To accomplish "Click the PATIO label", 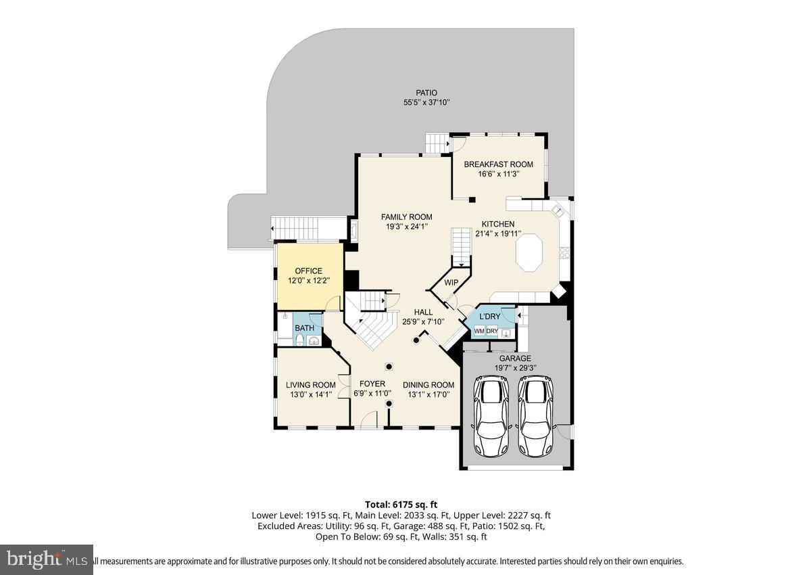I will pyautogui.click(x=426, y=93).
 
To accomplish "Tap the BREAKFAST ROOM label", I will pyautogui.click(x=498, y=164).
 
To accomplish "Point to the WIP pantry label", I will pyautogui.click(x=451, y=282).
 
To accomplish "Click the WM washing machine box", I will pyautogui.click(x=479, y=331).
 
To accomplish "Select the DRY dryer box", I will pyautogui.click(x=492, y=331).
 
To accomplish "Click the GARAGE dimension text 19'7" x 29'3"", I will pyautogui.click(x=515, y=368).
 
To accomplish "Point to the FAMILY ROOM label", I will pyautogui.click(x=406, y=217).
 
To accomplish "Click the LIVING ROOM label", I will pyautogui.click(x=310, y=385).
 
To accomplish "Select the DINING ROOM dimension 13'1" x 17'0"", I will pyautogui.click(x=428, y=394).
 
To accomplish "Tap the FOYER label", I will pyautogui.click(x=372, y=384).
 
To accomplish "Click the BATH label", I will pyautogui.click(x=304, y=328).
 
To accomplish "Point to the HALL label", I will pyautogui.click(x=423, y=312).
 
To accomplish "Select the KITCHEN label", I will pyautogui.click(x=498, y=224).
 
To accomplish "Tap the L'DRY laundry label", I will pyautogui.click(x=490, y=317).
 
